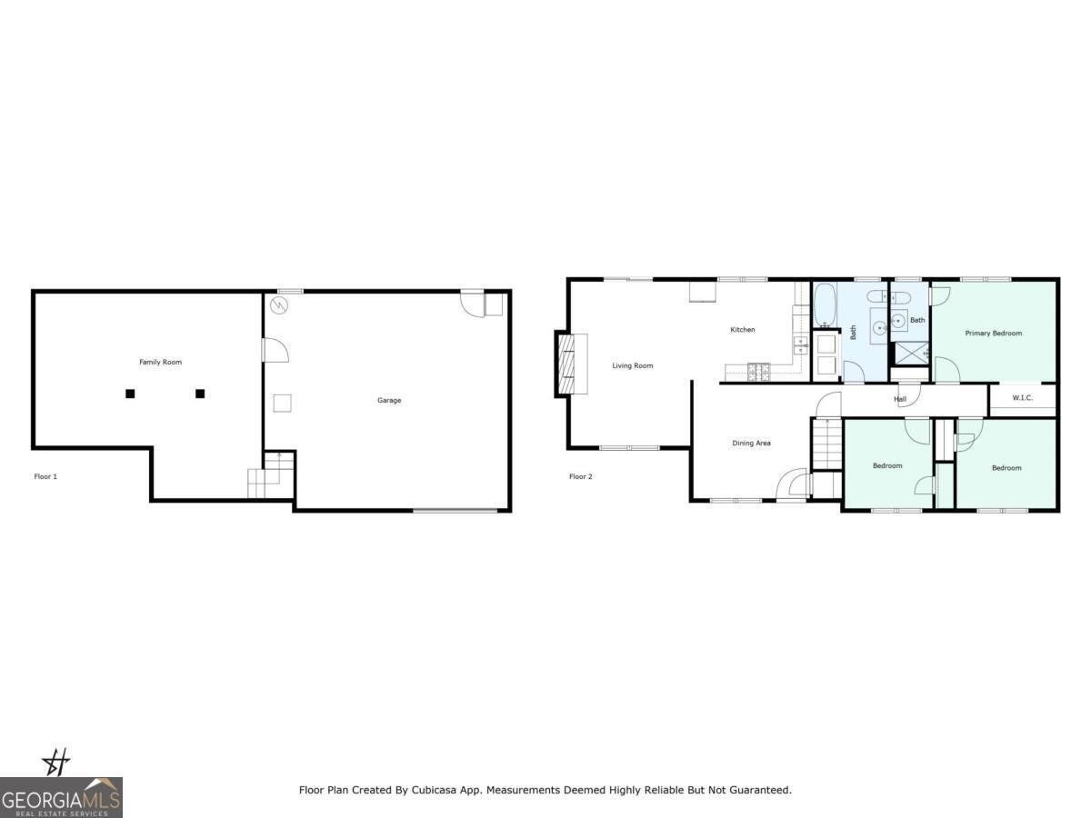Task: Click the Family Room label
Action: pyautogui.click(x=160, y=362)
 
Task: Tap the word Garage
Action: pyautogui.click(x=389, y=400)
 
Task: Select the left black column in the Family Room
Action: pyautogui.click(x=130, y=394)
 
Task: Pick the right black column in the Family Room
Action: pyautogui.click(x=200, y=394)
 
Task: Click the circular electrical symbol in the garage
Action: pyautogui.click(x=279, y=305)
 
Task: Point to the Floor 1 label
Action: pyautogui.click(x=45, y=476)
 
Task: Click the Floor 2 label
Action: pyautogui.click(x=581, y=476)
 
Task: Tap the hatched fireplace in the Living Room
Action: pyautogui.click(x=566, y=364)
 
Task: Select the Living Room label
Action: pyautogui.click(x=632, y=365)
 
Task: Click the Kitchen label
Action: pyautogui.click(x=742, y=329)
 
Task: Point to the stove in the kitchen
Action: pyautogui.click(x=758, y=373)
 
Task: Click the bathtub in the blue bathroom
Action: pyautogui.click(x=826, y=305)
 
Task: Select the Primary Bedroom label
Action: pyautogui.click(x=993, y=333)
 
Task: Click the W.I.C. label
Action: pyautogui.click(x=1022, y=397)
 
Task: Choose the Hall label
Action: pyautogui.click(x=900, y=399)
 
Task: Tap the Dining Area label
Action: pyautogui.click(x=751, y=443)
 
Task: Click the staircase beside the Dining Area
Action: pyautogui.click(x=827, y=444)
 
